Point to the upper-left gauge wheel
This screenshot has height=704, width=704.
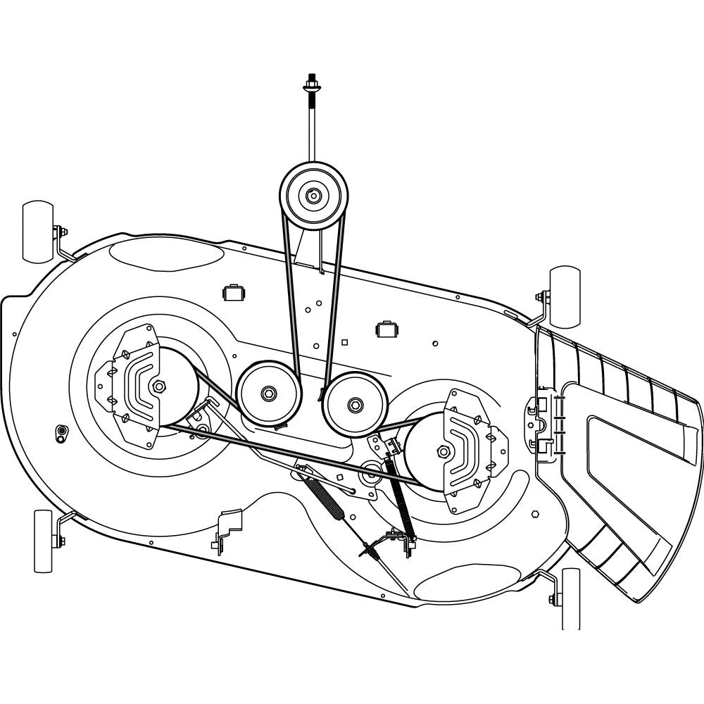(x=38, y=232)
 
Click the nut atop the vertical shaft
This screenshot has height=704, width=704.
(x=310, y=88)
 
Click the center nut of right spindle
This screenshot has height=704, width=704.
(x=444, y=451)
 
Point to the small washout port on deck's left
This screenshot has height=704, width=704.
(x=61, y=432)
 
